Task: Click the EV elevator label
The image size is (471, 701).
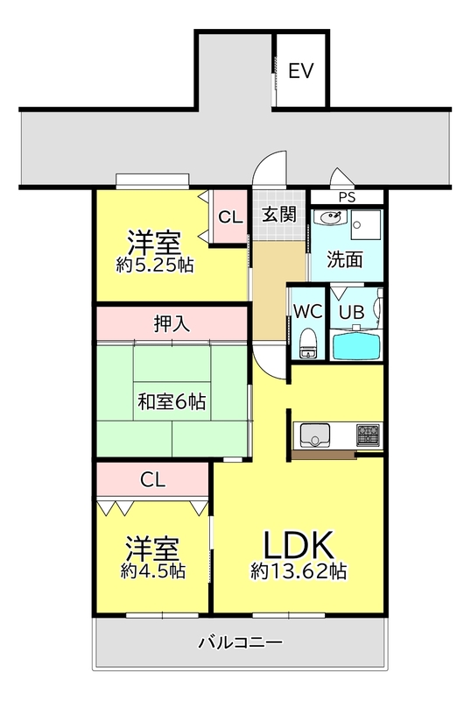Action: tap(301, 71)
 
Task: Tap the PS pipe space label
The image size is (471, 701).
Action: tap(347, 197)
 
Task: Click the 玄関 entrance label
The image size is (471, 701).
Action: tap(279, 215)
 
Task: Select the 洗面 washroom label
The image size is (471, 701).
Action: tap(345, 259)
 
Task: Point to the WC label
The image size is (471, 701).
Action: tap(307, 312)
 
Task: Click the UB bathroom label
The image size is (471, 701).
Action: tap(351, 312)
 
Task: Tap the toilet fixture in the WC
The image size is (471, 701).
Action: tap(308, 343)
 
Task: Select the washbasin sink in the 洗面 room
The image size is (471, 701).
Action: tap(330, 216)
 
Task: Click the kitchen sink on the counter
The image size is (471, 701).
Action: tap(315, 435)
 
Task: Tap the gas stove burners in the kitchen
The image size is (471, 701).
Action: tap(368, 435)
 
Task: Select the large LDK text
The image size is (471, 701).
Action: tap(299, 544)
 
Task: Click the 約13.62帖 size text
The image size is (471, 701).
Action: tap(299, 571)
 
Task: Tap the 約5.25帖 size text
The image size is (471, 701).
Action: tap(155, 266)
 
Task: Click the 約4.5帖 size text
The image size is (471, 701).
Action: tap(153, 570)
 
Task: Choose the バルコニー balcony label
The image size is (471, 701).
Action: tap(241, 642)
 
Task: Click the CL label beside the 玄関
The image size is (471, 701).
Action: tap(230, 217)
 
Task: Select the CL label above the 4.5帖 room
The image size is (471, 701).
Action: tap(153, 479)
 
